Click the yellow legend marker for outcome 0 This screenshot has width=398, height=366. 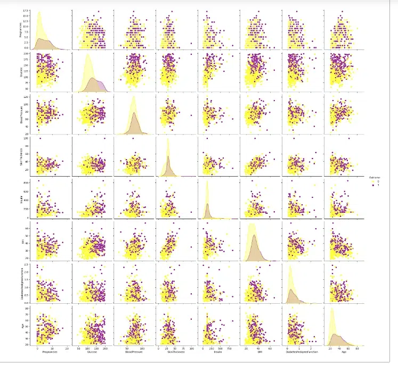(x=372, y=181)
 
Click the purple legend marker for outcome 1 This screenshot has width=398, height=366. (x=372, y=186)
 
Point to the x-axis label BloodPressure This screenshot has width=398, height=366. (x=134, y=351)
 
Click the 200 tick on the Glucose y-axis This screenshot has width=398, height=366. (x=26, y=54)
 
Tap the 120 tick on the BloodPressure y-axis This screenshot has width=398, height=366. (x=26, y=97)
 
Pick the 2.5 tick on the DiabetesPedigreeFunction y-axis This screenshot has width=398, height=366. (x=26, y=265)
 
